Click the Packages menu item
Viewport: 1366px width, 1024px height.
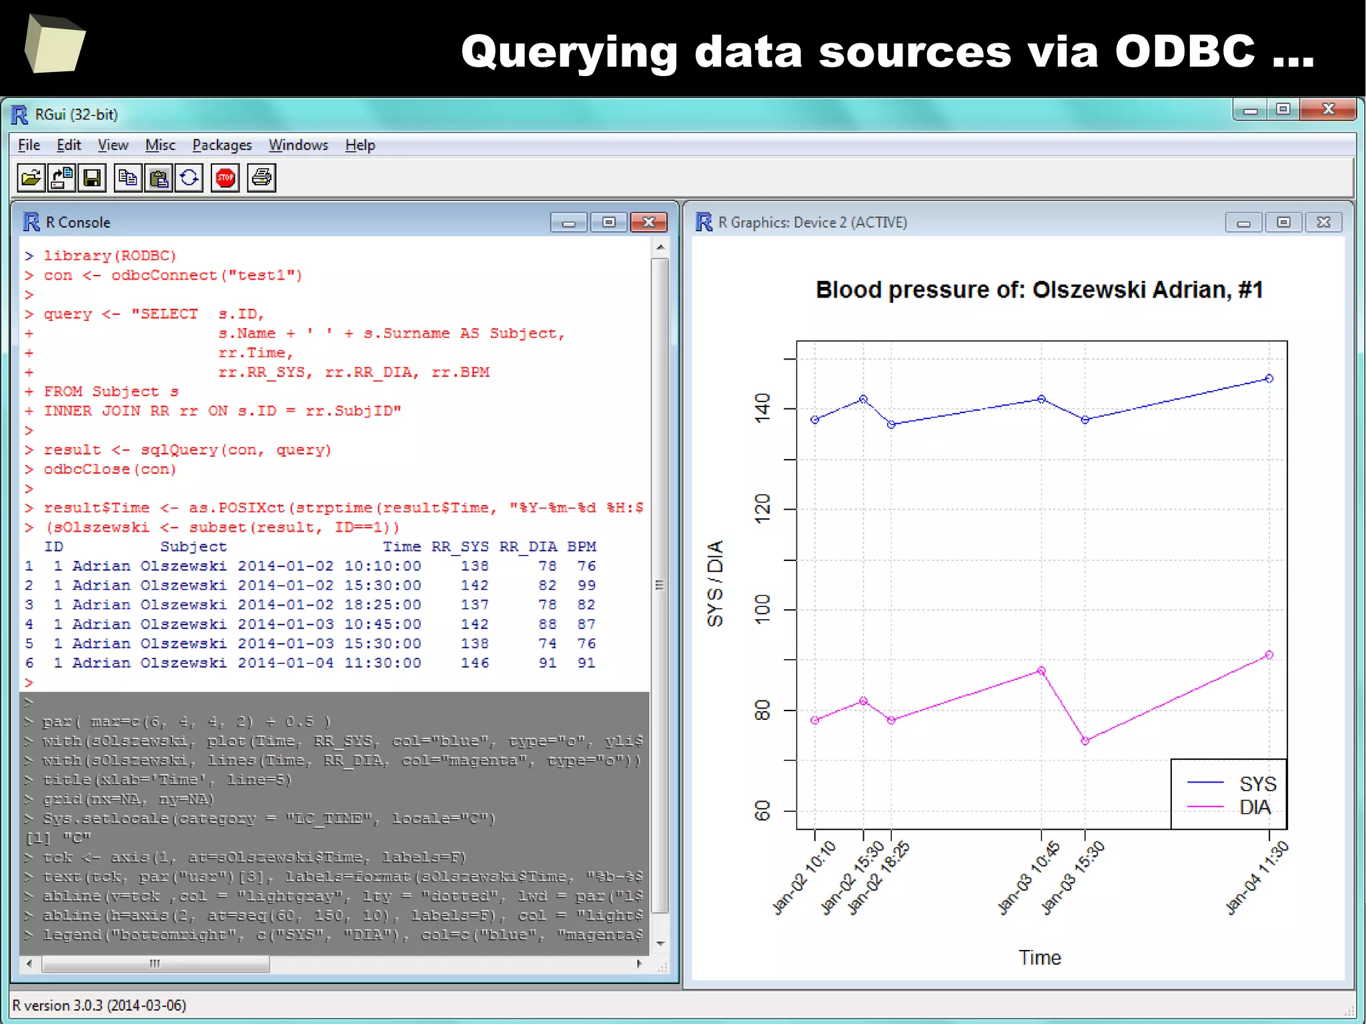222,145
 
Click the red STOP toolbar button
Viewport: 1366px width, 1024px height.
225,178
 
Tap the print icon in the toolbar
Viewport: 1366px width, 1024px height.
261,178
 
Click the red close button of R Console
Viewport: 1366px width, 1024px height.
648,222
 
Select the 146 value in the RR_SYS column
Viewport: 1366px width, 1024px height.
474,663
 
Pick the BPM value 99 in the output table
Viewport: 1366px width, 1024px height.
586,585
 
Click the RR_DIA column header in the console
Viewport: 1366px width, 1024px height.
528,546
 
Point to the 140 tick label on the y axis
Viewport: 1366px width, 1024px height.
762,407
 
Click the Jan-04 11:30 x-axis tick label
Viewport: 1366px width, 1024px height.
1257,878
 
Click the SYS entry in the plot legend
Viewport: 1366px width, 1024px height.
1257,784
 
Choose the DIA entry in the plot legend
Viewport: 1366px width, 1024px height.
1255,807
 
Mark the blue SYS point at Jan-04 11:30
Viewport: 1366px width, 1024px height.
1269,378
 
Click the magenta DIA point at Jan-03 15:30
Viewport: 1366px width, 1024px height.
1085,740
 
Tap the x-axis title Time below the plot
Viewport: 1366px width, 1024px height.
1039,957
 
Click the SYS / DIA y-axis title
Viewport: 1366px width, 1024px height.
714,584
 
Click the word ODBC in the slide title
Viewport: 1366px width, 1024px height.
1185,51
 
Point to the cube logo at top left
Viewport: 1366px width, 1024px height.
55,44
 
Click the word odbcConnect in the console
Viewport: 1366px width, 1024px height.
164,275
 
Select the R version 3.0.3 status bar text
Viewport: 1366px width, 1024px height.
99,1005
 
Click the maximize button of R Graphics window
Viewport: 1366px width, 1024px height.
1283,222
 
